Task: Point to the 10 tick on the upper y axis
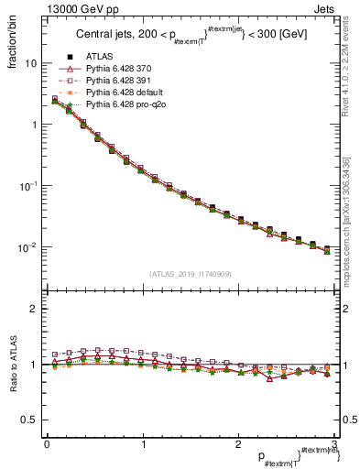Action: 30,64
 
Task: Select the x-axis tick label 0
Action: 47,444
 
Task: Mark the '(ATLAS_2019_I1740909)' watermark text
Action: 190,274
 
